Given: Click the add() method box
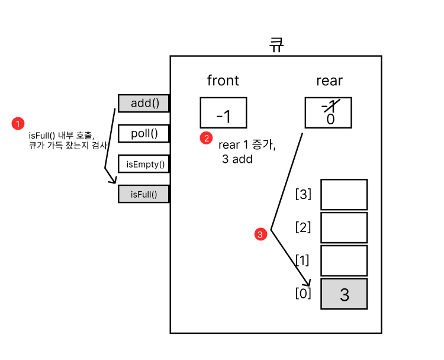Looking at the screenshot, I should click(x=144, y=104).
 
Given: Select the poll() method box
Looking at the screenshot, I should click(x=144, y=133).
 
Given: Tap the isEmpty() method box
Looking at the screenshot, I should click(x=144, y=163).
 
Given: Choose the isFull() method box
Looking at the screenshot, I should click(x=144, y=194).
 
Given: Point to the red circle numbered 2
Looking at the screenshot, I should click(x=206, y=138).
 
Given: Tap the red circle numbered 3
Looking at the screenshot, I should click(x=260, y=234).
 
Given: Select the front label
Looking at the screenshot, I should click(x=223, y=81).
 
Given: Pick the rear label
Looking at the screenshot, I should click(x=329, y=81).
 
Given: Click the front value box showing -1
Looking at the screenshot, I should click(x=223, y=113).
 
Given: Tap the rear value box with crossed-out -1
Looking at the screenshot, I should click(x=328, y=112).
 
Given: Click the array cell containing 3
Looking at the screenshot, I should click(x=344, y=294).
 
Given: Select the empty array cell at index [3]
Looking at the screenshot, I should click(x=344, y=195).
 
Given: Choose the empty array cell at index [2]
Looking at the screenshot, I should click(x=344, y=227).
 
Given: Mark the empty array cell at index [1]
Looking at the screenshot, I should click(x=344, y=261).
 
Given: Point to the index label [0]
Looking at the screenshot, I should click(x=303, y=292).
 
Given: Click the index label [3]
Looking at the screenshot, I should click(x=303, y=194).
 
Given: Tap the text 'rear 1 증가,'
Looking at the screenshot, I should click(x=247, y=144).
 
